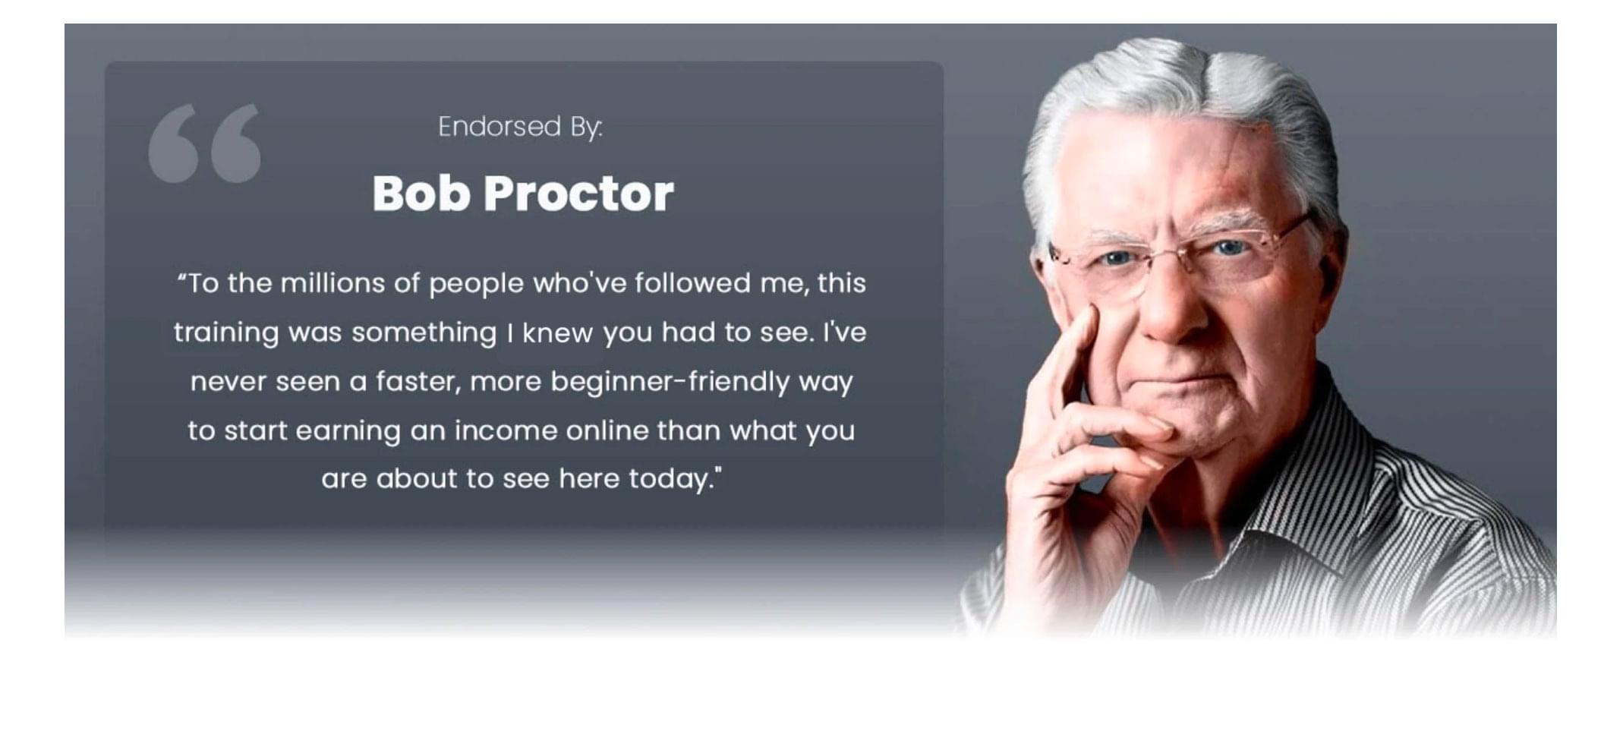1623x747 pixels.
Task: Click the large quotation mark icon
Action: click(x=204, y=143)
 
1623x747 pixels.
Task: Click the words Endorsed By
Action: click(x=520, y=127)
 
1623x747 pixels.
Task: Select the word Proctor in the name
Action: click(x=578, y=193)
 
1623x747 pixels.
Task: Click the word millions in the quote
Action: click(x=332, y=283)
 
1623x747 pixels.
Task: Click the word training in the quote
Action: click(x=226, y=333)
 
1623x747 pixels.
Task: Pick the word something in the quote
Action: click(x=424, y=333)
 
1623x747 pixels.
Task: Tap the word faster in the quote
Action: click(x=418, y=382)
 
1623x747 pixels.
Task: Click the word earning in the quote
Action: click(x=348, y=431)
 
